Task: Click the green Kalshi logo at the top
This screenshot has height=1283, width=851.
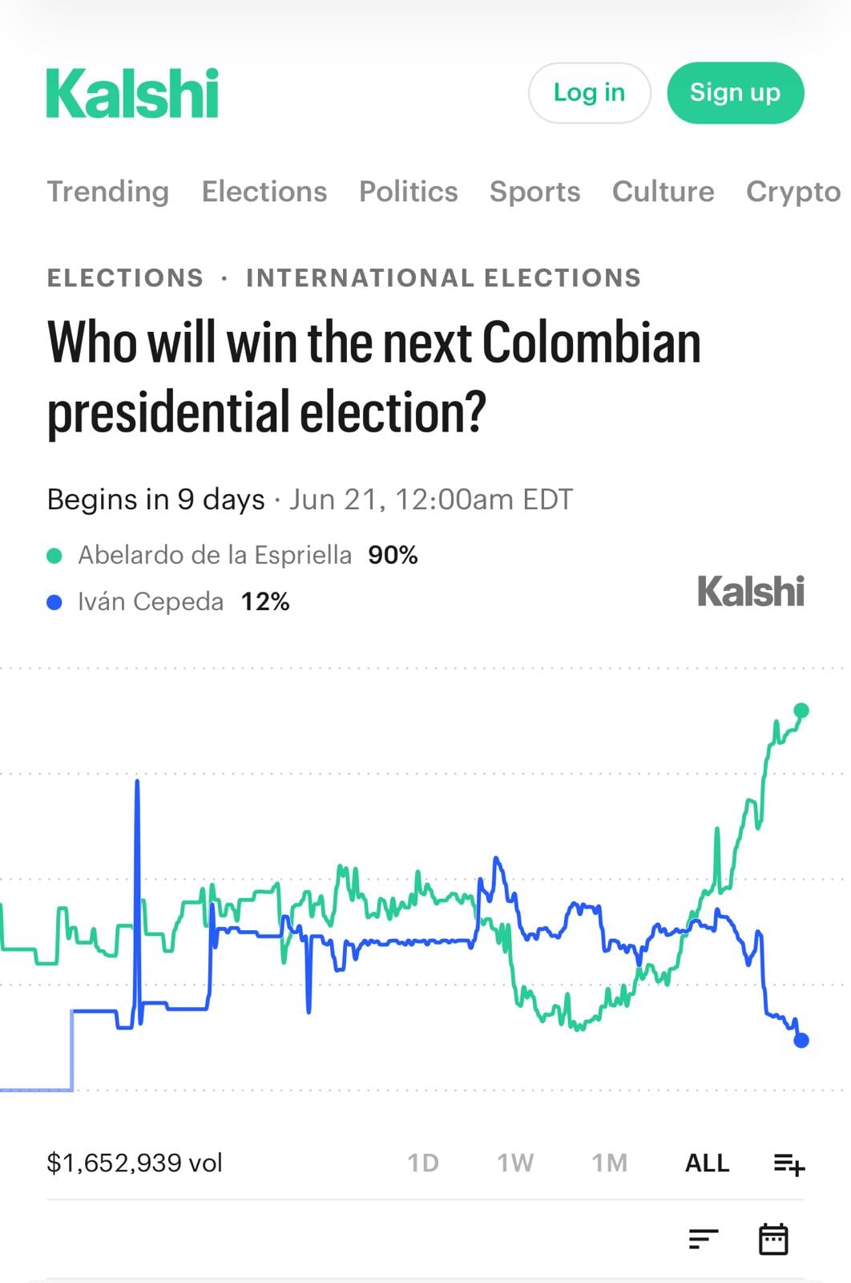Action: tap(132, 93)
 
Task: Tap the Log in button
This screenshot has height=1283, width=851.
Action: tap(589, 93)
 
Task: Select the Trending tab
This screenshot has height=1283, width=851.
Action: tap(108, 192)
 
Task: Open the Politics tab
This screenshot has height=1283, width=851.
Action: tap(408, 192)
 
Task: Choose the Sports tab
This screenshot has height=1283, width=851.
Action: tap(534, 192)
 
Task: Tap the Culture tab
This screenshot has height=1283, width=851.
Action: tap(663, 192)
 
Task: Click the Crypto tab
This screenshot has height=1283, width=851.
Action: tap(793, 192)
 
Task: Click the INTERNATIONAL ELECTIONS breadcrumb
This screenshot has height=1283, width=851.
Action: tap(443, 277)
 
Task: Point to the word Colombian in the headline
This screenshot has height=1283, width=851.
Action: tap(591, 342)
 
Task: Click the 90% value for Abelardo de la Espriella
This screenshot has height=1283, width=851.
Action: tap(393, 555)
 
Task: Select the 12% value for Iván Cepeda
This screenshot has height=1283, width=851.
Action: tap(265, 602)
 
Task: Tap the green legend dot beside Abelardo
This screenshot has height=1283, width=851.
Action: tap(54, 556)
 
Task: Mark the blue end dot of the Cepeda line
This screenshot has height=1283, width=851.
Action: tap(801, 1040)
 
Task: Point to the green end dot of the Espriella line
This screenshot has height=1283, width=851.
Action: tap(801, 710)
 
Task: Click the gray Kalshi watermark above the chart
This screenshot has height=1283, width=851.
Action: tap(751, 591)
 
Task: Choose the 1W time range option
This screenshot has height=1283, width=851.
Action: tap(515, 1164)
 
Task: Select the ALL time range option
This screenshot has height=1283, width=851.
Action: tap(708, 1164)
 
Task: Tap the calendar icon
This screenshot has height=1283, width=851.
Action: tap(773, 1240)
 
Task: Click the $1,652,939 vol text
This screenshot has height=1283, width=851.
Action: tap(135, 1164)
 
